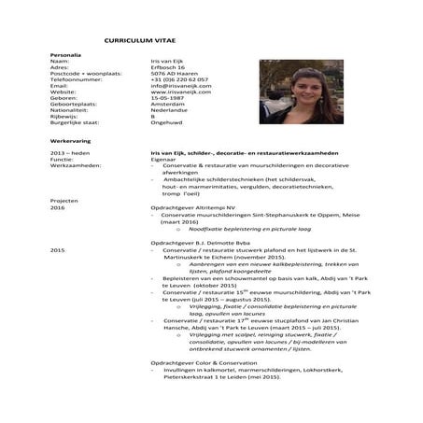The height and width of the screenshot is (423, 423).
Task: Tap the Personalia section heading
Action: pyautogui.click(x=65, y=55)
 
